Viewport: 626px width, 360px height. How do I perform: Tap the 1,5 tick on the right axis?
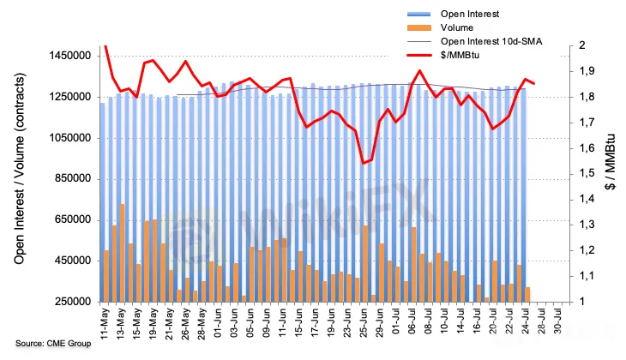(587, 173)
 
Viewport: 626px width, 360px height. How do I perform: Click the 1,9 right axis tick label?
(587, 71)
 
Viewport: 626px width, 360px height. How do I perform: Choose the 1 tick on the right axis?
(582, 302)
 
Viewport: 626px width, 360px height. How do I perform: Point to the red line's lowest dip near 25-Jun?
(364, 163)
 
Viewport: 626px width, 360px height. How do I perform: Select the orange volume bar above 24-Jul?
(527, 294)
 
